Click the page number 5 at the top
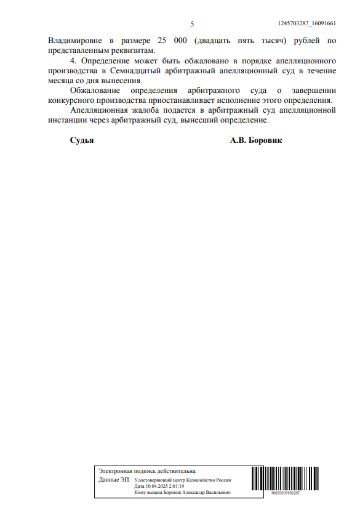(192, 23)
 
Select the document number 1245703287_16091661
(306, 23)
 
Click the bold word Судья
(82, 140)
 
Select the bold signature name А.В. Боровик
(256, 140)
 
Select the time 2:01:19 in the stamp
(176, 486)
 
